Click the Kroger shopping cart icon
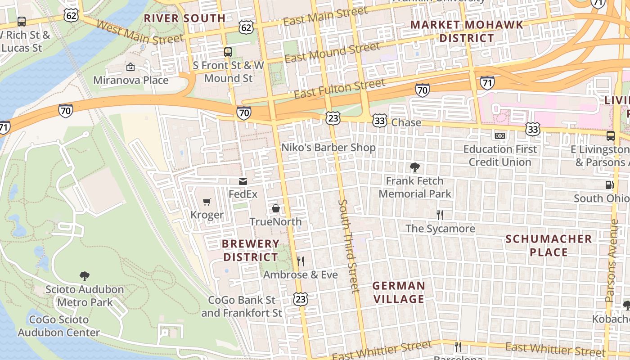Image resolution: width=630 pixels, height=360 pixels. (207, 202)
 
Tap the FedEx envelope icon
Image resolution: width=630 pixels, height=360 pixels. (243, 181)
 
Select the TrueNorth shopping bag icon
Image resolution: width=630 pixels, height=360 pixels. (276, 208)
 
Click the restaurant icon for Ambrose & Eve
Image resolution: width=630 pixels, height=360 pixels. (301, 261)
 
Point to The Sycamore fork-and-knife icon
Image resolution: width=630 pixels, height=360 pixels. (440, 215)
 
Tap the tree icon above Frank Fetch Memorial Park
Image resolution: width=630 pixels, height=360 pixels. (415, 168)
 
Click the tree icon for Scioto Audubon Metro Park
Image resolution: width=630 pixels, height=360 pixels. (84, 276)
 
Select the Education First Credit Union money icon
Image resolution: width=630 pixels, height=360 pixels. (500, 135)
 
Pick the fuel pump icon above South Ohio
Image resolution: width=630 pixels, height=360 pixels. (609, 184)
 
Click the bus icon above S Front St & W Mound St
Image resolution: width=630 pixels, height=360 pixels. (228, 52)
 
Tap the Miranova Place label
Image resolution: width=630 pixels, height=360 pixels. (130, 81)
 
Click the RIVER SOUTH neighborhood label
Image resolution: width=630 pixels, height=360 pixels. (184, 18)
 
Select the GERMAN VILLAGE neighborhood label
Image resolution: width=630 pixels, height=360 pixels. (399, 292)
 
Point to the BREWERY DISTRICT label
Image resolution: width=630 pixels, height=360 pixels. (251, 250)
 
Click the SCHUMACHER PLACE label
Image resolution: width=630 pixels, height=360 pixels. (549, 245)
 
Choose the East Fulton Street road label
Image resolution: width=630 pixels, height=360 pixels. (340, 89)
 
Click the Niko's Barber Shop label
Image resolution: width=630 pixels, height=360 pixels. (328, 148)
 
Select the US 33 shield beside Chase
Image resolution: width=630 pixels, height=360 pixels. (380, 120)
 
